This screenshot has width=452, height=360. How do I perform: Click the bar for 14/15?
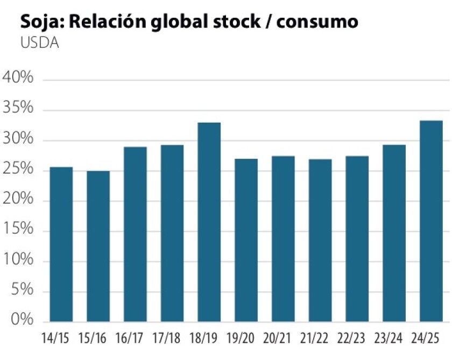[x=61, y=244]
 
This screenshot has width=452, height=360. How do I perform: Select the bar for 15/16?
[x=98, y=246]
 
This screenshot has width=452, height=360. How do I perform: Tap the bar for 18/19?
[x=209, y=222]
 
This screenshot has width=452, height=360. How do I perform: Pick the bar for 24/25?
[x=431, y=221]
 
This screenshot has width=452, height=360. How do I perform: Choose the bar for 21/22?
[x=320, y=241]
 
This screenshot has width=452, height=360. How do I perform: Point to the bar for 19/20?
[x=246, y=241]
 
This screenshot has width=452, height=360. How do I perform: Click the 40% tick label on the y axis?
[x=18, y=78]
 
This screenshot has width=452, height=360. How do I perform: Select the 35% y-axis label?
[x=18, y=109]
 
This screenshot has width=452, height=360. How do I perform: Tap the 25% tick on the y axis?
[x=18, y=170]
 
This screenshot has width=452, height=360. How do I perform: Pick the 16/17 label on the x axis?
[x=135, y=340]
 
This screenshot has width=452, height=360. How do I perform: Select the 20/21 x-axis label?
[x=283, y=340]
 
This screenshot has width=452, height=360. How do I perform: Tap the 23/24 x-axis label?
[x=394, y=340]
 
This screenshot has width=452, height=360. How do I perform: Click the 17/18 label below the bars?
[x=172, y=340]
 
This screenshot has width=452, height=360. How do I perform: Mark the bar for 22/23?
[x=357, y=239]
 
